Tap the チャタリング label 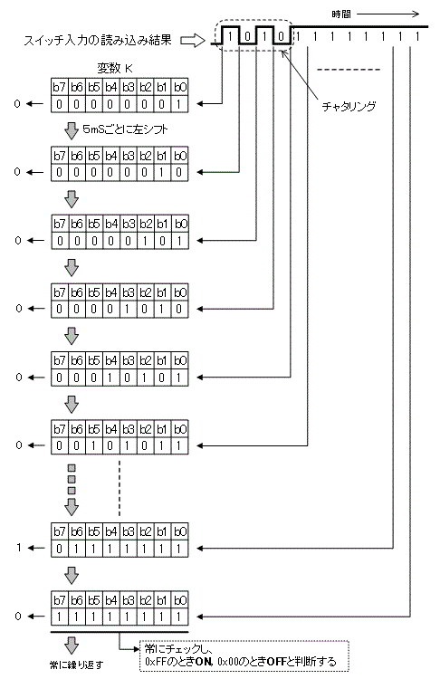349,106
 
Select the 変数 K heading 115,70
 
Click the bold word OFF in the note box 304,662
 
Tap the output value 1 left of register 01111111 31,548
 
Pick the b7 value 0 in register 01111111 59,548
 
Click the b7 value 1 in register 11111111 59,617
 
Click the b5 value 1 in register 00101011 93,446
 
